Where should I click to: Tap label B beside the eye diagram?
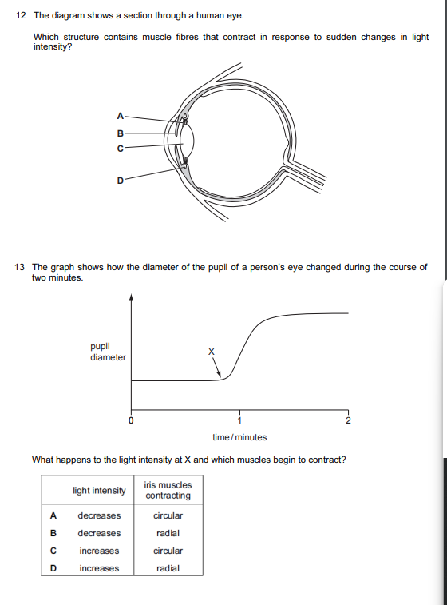tap(121, 133)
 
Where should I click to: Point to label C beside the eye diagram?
tap(121, 148)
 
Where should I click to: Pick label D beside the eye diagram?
tap(121, 181)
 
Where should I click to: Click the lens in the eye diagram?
tap(187, 141)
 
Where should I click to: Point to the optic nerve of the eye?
tap(307, 175)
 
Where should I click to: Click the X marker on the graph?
tap(212, 351)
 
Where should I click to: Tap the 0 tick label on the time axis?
tap(131, 420)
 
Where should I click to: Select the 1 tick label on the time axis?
tap(239, 420)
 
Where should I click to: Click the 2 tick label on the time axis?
tap(348, 420)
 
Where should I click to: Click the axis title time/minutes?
tap(239, 437)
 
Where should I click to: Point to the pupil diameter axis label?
tap(107, 352)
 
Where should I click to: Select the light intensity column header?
tap(99, 490)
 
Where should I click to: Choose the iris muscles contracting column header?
tap(168, 490)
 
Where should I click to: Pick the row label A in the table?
tap(53, 515)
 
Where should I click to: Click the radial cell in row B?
tap(168, 533)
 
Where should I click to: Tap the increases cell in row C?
tap(99, 551)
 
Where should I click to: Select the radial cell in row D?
tap(168, 568)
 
